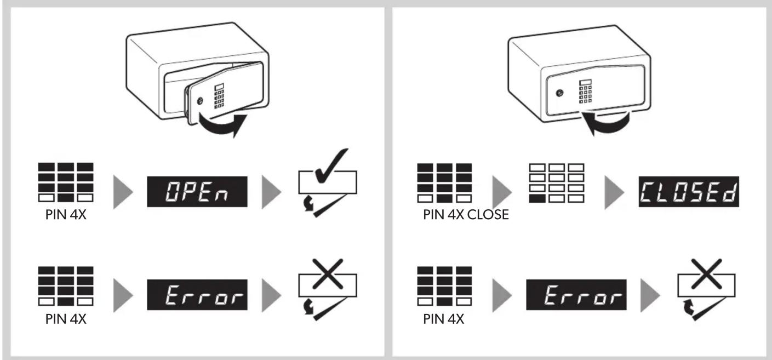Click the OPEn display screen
click(197, 192)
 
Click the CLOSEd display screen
click(689, 192)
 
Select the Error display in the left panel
click(197, 295)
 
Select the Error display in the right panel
click(576, 295)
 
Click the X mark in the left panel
click(328, 273)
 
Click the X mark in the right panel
click(706, 273)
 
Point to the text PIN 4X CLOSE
click(466, 215)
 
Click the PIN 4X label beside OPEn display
click(66, 215)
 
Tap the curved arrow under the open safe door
click(221, 128)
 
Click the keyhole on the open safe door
click(200, 101)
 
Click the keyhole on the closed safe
click(560, 93)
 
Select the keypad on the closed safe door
click(585, 92)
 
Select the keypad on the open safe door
click(219, 96)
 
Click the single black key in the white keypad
click(537, 198)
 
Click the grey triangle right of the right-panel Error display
click(650, 295)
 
